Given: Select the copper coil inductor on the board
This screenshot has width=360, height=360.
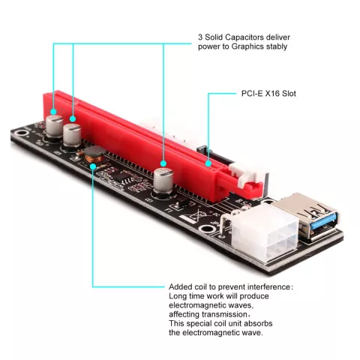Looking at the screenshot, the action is point(94,155).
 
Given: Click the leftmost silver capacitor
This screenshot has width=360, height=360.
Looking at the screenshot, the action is point(54,127).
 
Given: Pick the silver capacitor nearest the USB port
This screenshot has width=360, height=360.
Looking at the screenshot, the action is point(163,181).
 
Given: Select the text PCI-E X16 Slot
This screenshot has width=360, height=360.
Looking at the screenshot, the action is point(268,94).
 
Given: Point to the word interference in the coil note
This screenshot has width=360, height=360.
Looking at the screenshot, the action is point(268,286).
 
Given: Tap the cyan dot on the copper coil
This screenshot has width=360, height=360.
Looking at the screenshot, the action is point(93,166).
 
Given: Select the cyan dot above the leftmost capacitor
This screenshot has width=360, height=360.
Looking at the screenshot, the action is point(53,112).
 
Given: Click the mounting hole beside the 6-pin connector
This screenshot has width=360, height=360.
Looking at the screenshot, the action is point(207,229).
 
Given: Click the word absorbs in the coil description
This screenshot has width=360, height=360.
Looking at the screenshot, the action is point(258,323).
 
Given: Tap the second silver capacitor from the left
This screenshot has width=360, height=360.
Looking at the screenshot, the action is point(72,136).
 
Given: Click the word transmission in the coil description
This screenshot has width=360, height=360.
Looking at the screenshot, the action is point(224,314).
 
